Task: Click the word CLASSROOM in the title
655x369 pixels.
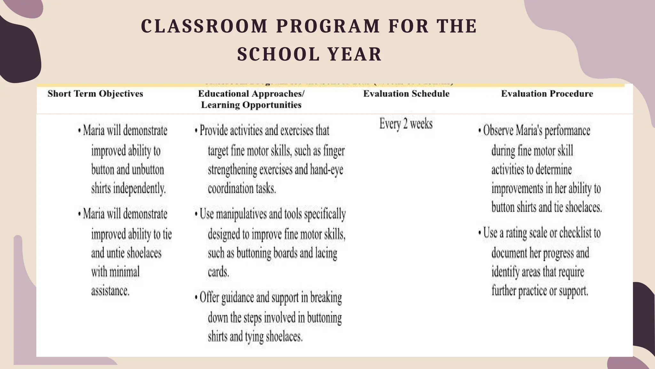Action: click(x=204, y=26)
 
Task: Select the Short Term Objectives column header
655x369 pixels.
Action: click(x=95, y=94)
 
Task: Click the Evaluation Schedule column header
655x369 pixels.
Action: click(x=406, y=94)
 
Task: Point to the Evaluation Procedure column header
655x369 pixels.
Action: click(x=547, y=94)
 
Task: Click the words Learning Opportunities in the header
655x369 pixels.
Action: click(x=251, y=105)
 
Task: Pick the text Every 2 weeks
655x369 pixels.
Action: click(x=406, y=124)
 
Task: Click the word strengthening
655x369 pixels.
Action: click(x=233, y=170)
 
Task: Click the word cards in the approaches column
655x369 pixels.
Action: click(x=218, y=272)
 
